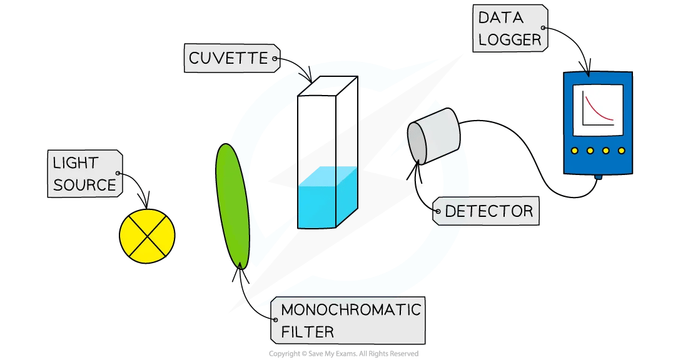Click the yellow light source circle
(147, 236)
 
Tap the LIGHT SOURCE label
(84, 174)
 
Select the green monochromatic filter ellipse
(233, 205)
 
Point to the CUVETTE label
(228, 59)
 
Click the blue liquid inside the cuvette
(326, 197)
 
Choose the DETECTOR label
(488, 211)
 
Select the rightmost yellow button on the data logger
(621, 151)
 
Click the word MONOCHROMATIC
(350, 310)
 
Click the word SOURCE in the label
(84, 185)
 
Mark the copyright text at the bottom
(343, 354)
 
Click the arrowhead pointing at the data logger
(587, 69)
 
